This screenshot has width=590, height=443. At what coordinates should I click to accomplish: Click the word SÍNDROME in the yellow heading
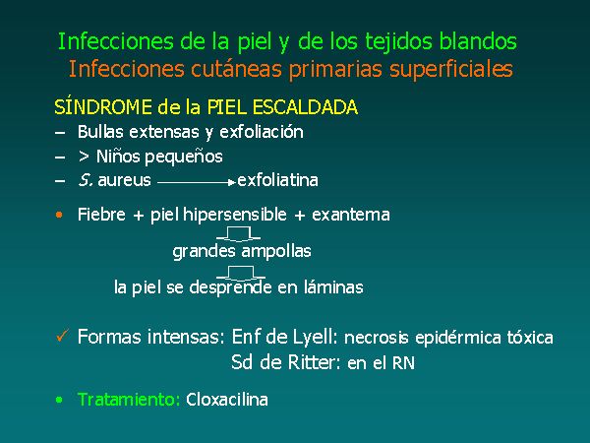coord(103,107)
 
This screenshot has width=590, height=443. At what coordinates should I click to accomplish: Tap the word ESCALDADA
coord(305,107)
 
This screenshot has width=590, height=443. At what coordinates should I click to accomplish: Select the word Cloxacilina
coord(227,400)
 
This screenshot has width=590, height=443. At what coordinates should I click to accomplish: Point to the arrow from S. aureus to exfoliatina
coord(197,183)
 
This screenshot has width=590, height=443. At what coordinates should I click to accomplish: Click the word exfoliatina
coord(277,180)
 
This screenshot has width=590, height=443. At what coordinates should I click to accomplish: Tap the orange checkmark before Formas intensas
coord(63,335)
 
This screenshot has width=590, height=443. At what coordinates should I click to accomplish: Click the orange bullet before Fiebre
coord(59,215)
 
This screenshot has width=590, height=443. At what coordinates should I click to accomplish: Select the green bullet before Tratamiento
coord(59,400)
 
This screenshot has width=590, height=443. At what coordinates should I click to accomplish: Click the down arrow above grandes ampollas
coord(238,234)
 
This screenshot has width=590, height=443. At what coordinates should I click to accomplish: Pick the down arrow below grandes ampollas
coord(241,273)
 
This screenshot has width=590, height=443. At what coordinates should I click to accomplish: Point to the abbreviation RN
coord(403,363)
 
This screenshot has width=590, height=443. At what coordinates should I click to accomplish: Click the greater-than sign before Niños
coord(84,157)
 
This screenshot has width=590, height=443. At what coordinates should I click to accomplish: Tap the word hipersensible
coord(235,215)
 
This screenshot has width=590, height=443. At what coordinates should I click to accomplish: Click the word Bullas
coord(100,132)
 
